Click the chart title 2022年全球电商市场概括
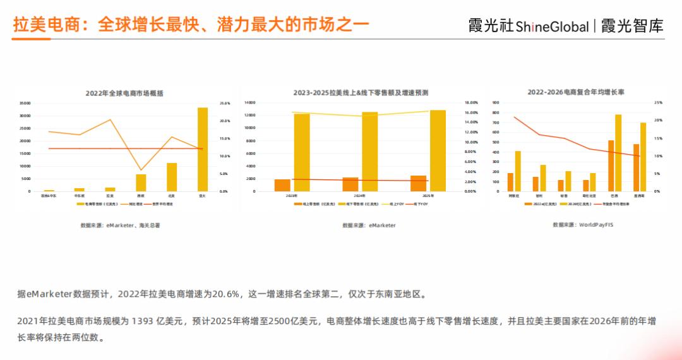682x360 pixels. [x=124, y=93]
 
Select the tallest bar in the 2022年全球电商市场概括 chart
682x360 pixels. [x=202, y=149]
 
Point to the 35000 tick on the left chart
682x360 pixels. [x=25, y=103]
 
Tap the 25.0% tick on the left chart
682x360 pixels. [x=225, y=103]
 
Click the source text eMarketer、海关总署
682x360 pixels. [x=120, y=225]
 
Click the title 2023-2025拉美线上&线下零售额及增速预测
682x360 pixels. [x=361, y=93]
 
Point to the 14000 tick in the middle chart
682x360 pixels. [x=249, y=102]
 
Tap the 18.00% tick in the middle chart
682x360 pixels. [x=470, y=102]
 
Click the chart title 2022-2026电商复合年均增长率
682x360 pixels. [x=576, y=92]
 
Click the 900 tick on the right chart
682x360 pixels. [x=496, y=102]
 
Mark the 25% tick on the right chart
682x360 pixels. [x=658, y=102]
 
